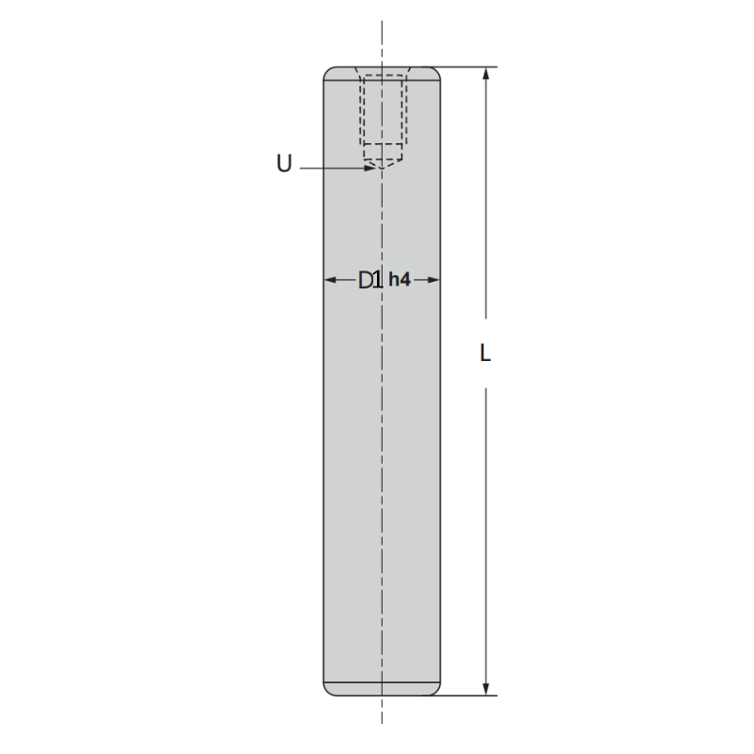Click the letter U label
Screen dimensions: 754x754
point(285,163)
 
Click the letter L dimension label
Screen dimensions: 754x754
point(485,352)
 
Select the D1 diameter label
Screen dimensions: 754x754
point(369,280)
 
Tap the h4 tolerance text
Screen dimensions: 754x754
point(400,279)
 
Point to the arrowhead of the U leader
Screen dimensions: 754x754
point(369,169)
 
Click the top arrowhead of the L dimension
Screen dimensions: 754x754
point(486,74)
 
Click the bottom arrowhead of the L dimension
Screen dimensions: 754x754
point(486,689)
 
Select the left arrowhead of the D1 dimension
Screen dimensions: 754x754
point(330,280)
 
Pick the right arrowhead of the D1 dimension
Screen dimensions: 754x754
point(434,280)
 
